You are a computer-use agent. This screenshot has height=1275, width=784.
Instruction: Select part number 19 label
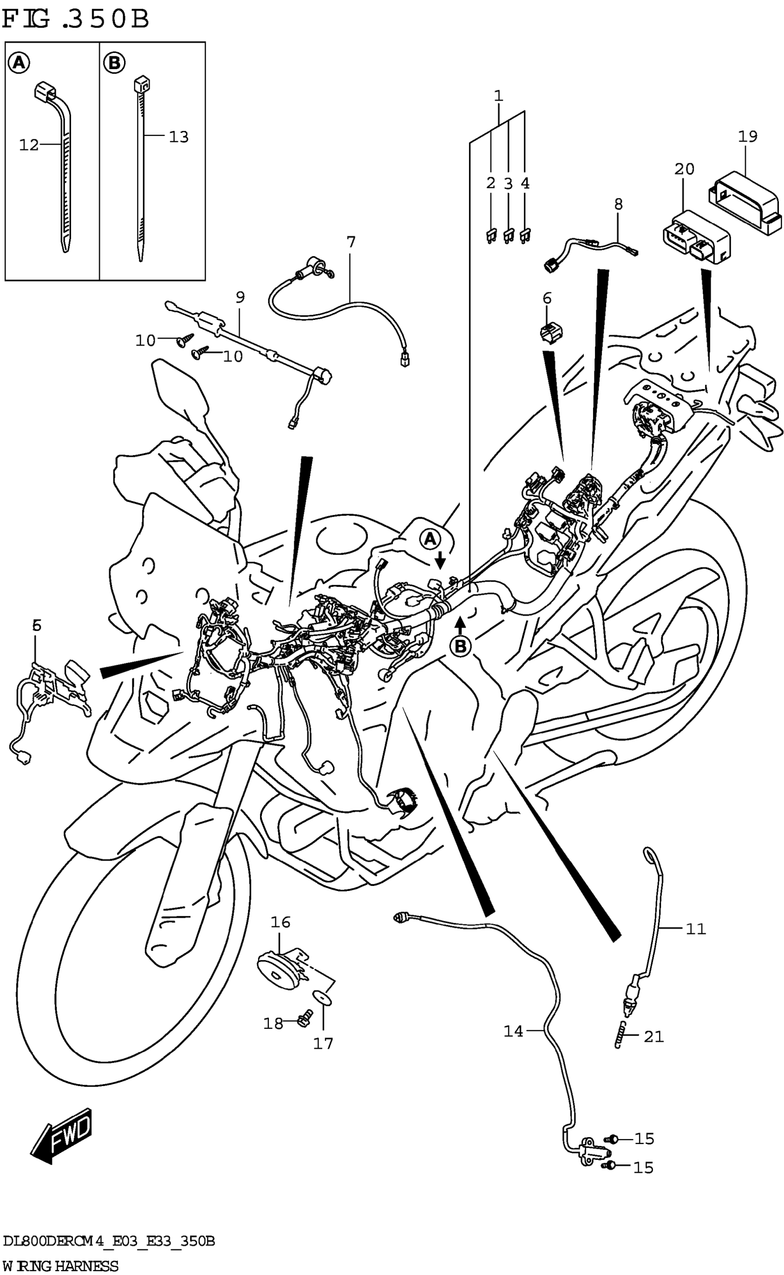point(747,137)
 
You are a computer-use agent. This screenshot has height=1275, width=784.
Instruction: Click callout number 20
point(684,169)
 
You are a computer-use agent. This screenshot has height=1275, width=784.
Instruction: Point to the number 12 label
point(29,145)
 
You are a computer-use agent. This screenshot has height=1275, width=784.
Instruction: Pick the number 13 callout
point(178,137)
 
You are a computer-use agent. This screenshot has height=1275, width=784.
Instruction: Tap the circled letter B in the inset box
point(114,63)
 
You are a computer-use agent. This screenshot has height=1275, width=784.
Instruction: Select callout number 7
point(351,242)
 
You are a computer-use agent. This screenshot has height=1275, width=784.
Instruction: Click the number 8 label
point(618,204)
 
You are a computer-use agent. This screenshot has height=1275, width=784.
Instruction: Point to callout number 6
point(547,299)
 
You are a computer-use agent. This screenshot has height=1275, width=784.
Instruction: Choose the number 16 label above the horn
point(280,922)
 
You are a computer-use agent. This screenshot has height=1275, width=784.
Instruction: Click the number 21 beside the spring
point(653,1036)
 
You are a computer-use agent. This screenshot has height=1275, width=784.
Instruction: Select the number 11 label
point(696,929)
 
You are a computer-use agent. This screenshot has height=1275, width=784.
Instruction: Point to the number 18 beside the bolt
point(273,1023)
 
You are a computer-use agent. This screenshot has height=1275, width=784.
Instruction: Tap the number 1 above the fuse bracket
point(498,96)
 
